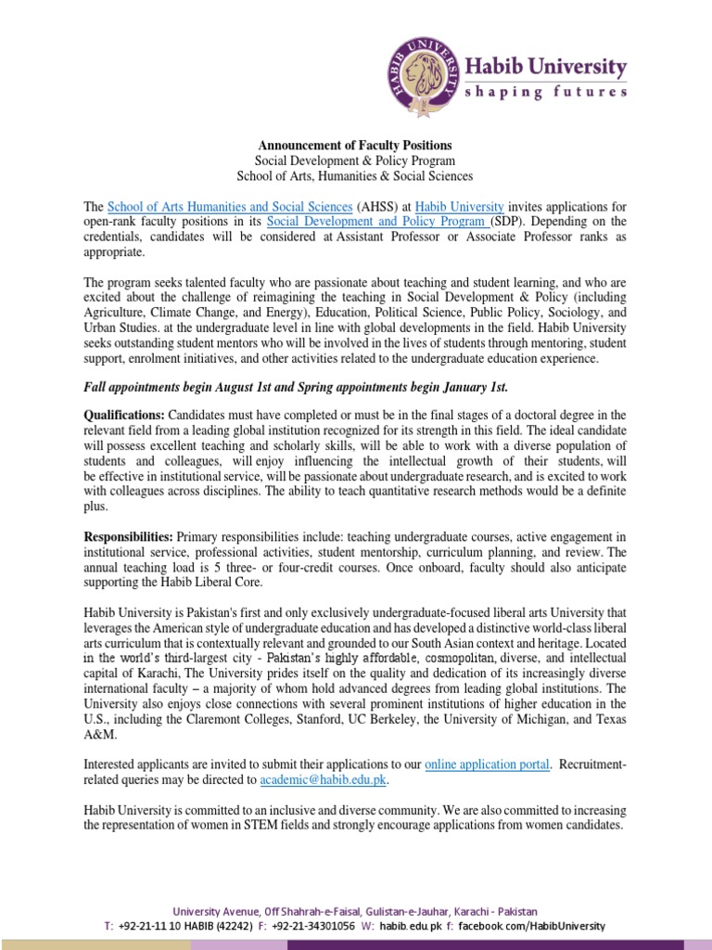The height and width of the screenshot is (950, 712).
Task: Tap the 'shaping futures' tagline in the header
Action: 545,91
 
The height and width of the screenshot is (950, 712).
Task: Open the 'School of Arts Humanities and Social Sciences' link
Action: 230,206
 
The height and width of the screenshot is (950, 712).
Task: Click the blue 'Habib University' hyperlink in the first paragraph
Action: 459,206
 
